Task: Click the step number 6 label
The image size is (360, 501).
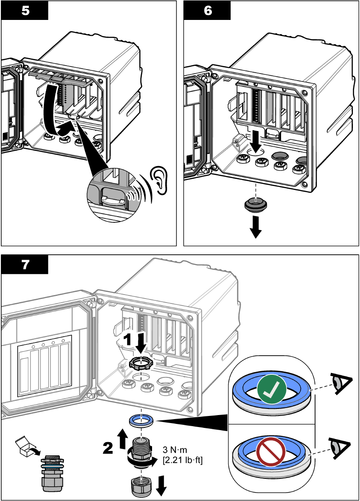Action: [x=207, y=11]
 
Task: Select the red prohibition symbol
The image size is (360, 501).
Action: [x=271, y=451]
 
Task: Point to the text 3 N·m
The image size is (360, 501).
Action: [x=175, y=450]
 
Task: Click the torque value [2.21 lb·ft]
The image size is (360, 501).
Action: [x=183, y=460]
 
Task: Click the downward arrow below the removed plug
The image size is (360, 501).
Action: [x=256, y=227]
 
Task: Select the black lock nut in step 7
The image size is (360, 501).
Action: [x=141, y=364]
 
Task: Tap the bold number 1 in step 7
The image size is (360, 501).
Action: [x=128, y=340]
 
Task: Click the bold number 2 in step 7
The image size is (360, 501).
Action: [x=108, y=448]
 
